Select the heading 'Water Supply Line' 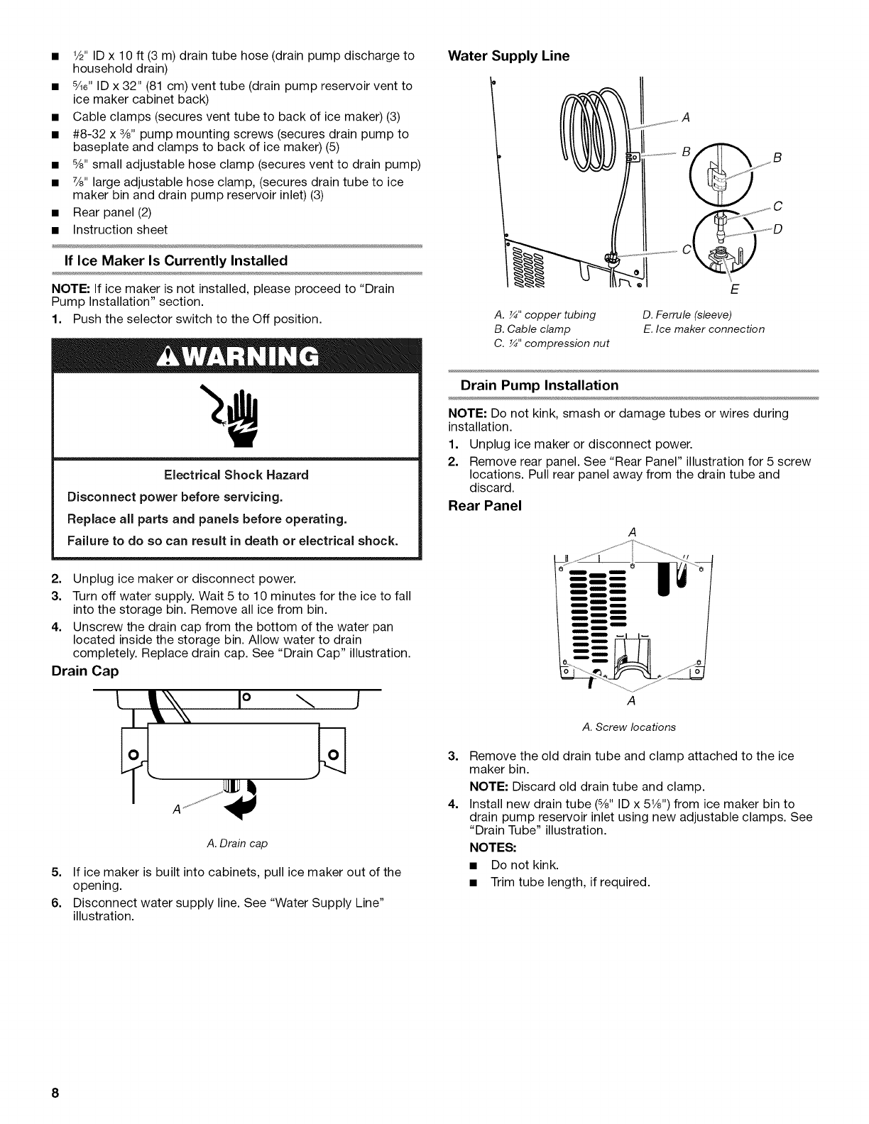click(x=508, y=55)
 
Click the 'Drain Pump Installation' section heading click(x=540, y=385)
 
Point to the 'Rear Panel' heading click(x=485, y=505)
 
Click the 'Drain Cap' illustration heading click(x=84, y=671)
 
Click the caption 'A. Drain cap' click(x=236, y=844)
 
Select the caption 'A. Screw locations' click(x=629, y=727)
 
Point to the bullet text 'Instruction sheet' click(x=121, y=229)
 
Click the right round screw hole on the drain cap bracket click(x=334, y=751)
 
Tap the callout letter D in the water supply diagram click(x=777, y=228)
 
